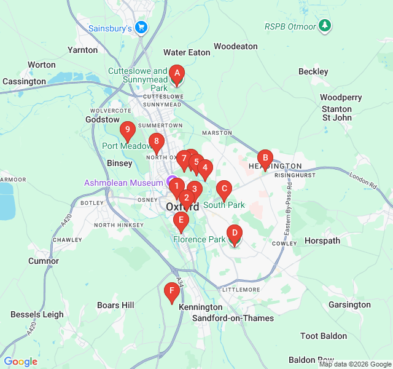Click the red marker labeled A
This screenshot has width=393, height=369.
177,75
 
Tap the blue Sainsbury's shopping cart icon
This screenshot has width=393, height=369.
141,27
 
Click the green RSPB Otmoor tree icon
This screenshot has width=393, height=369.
324,26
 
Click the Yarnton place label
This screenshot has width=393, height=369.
83,50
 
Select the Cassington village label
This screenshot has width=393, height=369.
25,81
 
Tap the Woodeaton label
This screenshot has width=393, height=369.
235,46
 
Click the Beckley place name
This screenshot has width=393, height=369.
313,72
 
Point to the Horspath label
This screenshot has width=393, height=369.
322,240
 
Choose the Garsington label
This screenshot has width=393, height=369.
349,304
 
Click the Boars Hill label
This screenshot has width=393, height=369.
115,304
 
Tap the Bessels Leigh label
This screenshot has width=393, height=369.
37,314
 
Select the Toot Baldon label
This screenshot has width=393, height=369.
324,336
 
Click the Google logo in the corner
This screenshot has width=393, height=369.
21,362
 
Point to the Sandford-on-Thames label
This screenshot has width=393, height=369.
233,318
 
